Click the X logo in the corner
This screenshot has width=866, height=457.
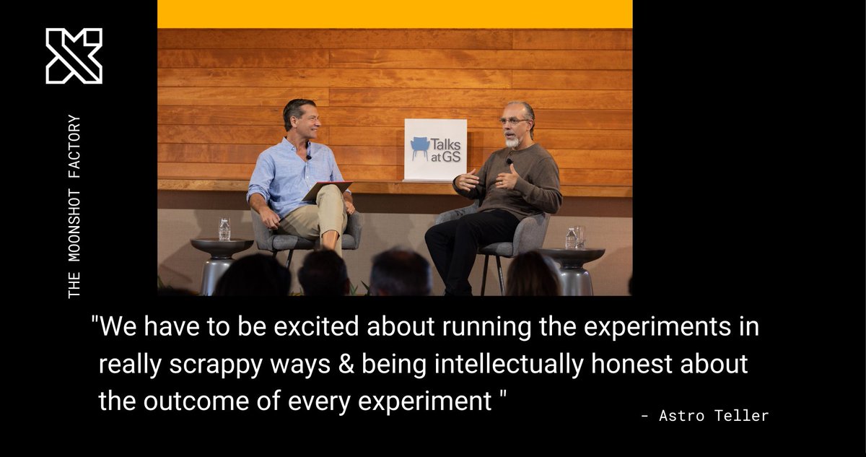click(74, 56)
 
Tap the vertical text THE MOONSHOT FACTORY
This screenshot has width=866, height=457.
click(74, 206)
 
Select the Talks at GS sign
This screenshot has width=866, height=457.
click(435, 149)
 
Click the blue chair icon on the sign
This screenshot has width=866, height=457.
click(420, 148)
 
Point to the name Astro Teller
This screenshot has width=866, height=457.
click(705, 416)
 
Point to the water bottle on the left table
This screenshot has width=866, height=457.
click(224, 229)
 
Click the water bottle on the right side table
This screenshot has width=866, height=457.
click(571, 238)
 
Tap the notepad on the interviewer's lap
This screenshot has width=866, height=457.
click(326, 191)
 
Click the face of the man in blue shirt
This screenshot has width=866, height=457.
click(303, 123)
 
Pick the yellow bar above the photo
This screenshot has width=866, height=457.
click(395, 14)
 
